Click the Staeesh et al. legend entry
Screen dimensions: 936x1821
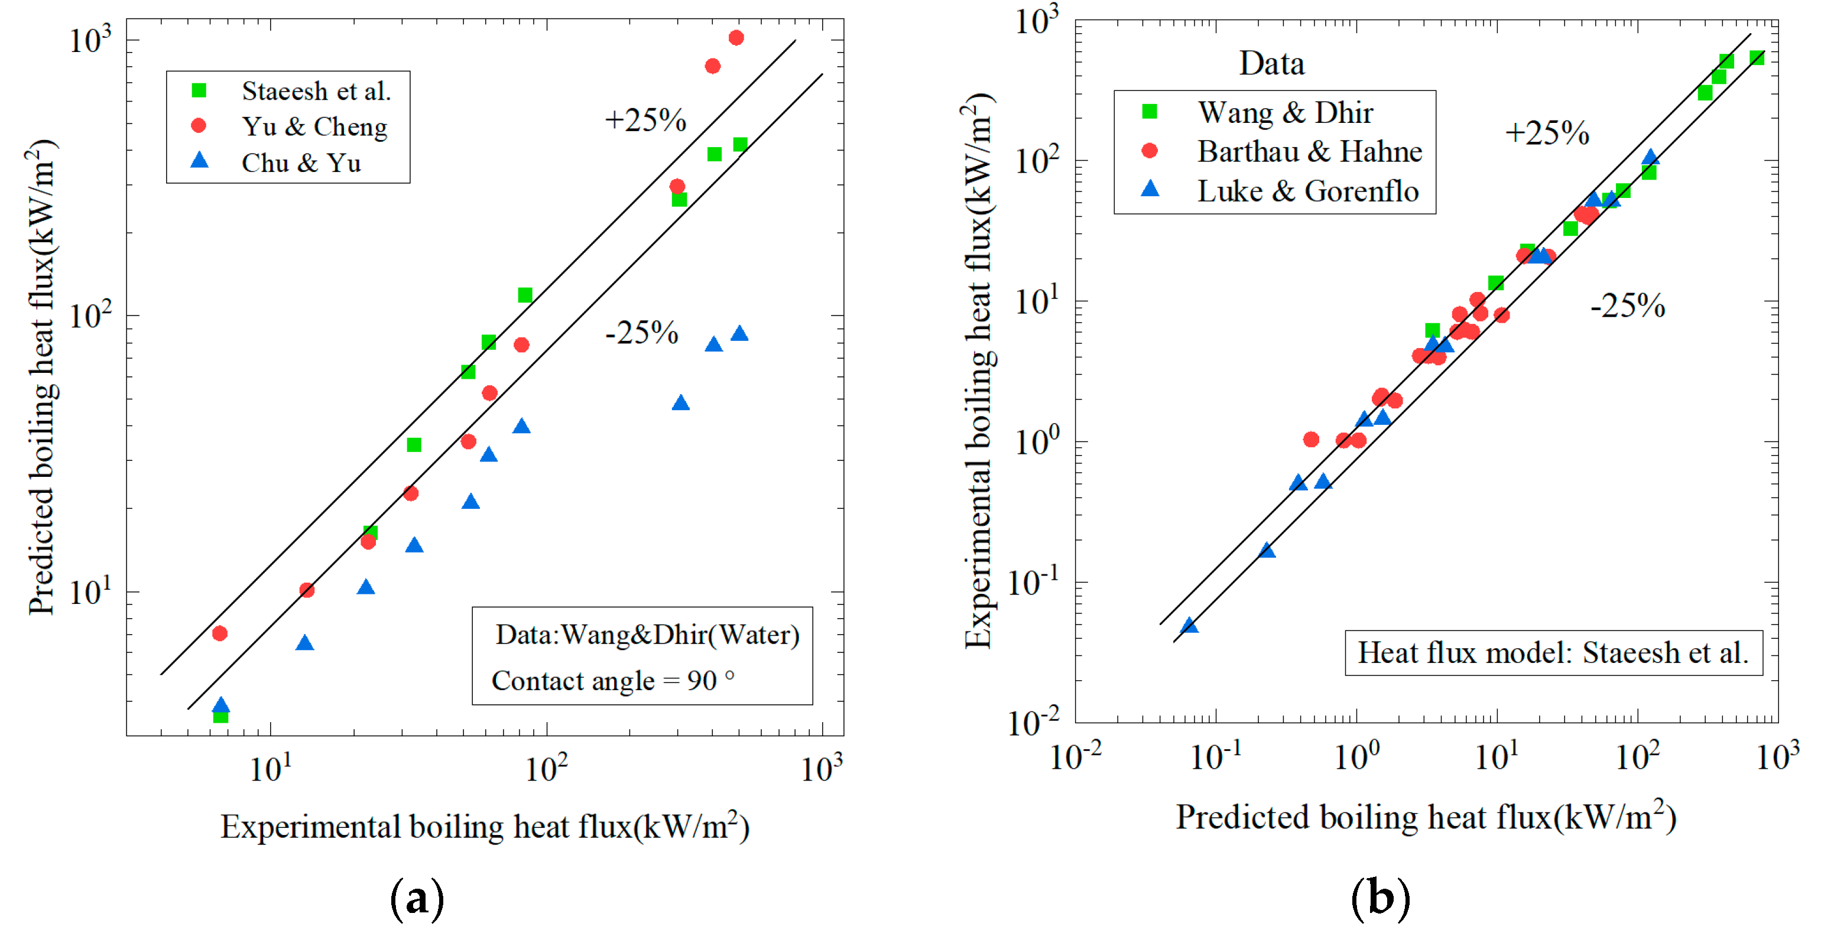click(x=315, y=91)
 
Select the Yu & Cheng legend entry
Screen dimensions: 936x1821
click(x=314, y=127)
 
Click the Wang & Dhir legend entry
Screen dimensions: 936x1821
click(x=1284, y=112)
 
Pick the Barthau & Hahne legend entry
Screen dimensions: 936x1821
click(x=1309, y=151)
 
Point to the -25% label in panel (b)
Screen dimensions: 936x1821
click(x=1627, y=306)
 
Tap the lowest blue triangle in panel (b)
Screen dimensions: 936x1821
click(x=1190, y=626)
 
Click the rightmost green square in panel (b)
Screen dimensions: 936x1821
click(x=1757, y=58)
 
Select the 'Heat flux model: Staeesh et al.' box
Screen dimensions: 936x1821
click(x=1553, y=653)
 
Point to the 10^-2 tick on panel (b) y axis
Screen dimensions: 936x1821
click(x=1033, y=723)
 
